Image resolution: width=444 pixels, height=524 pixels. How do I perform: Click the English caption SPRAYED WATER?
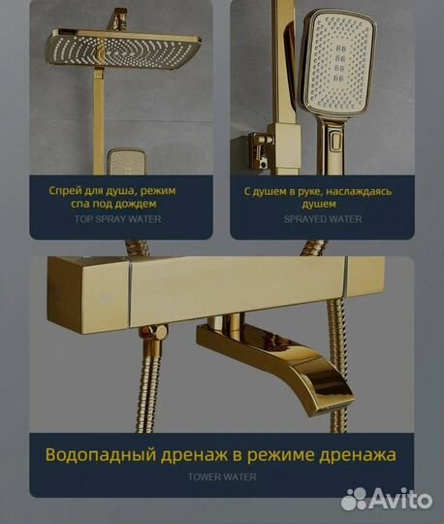(x=325, y=219)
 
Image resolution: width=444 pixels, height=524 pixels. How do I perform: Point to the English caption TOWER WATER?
(x=221, y=476)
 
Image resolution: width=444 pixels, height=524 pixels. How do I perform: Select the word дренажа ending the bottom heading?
(x=360, y=454)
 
